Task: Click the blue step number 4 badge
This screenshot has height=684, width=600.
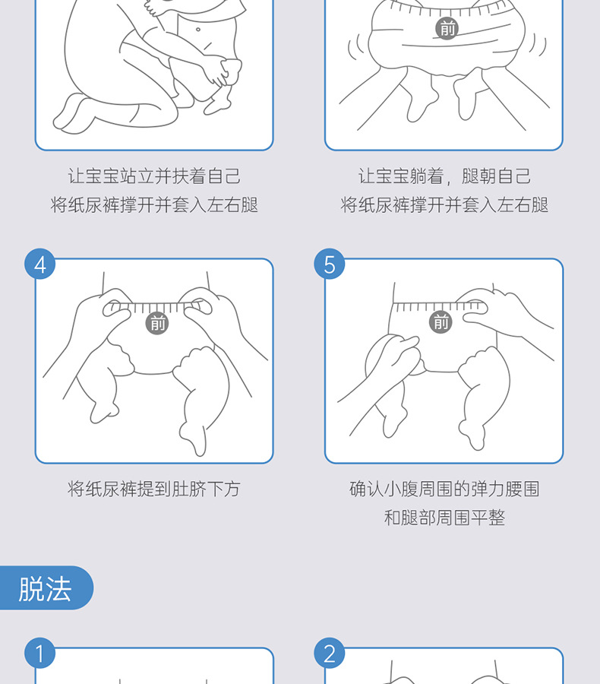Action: pyautogui.click(x=39, y=264)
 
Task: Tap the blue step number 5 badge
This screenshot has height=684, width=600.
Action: pyautogui.click(x=330, y=264)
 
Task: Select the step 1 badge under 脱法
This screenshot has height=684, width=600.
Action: pyautogui.click(x=39, y=654)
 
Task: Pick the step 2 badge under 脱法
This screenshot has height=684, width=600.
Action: pyautogui.click(x=330, y=654)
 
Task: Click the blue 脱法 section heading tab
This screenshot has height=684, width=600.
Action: pyautogui.click(x=46, y=588)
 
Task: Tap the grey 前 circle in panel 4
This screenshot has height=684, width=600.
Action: pyautogui.click(x=157, y=323)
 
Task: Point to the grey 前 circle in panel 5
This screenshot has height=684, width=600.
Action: pyautogui.click(x=441, y=322)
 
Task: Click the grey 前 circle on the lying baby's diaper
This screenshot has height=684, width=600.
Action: pyautogui.click(x=447, y=28)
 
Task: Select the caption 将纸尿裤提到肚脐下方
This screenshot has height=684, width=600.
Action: pyautogui.click(x=154, y=489)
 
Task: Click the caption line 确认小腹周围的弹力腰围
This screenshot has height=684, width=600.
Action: pyautogui.click(x=444, y=489)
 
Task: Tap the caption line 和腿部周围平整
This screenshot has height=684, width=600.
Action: pyautogui.click(x=444, y=518)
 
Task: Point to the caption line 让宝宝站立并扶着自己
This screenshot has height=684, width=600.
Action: pyautogui.click(x=154, y=176)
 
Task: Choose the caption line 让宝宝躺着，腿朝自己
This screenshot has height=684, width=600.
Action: pyautogui.click(x=444, y=176)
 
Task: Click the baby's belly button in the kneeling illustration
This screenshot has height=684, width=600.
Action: pyautogui.click(x=198, y=30)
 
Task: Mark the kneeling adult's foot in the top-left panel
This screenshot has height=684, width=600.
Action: pyautogui.click(x=72, y=114)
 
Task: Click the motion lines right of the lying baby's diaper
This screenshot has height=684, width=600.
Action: pyautogui.click(x=537, y=46)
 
